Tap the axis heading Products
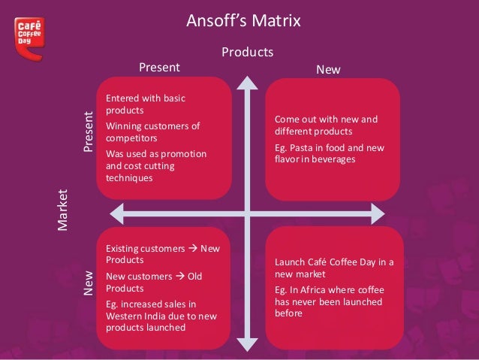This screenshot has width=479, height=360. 246,53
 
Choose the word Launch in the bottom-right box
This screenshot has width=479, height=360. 290,262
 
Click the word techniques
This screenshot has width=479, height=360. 129,178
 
